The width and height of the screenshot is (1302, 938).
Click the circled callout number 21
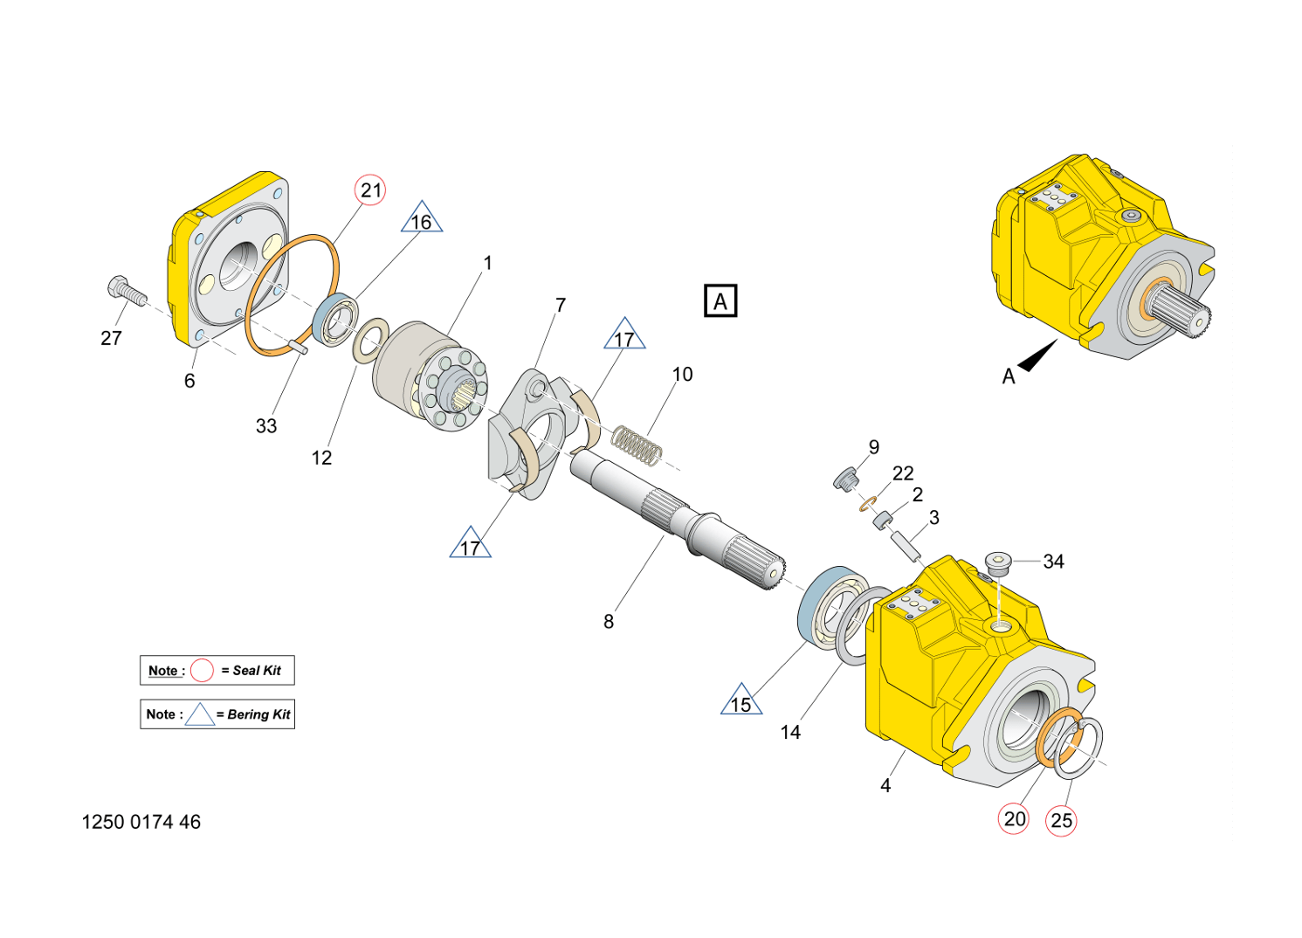(x=370, y=190)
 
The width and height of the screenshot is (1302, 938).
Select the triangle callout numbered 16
(x=422, y=220)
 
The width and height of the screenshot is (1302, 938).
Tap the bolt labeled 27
(x=125, y=290)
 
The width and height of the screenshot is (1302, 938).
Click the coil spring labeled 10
(x=636, y=445)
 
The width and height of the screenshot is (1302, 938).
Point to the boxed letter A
(x=720, y=301)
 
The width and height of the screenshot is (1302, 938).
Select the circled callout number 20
(x=1014, y=819)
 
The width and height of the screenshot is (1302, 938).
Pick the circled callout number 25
(x=1061, y=821)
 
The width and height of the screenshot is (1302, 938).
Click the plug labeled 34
(x=998, y=562)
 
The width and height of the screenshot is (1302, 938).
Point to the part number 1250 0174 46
(x=141, y=822)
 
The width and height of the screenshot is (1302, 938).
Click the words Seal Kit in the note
(x=257, y=671)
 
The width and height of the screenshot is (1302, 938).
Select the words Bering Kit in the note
(x=258, y=714)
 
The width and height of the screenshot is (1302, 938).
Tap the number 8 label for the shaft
(x=609, y=622)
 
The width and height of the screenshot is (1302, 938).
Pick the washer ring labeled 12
(x=371, y=339)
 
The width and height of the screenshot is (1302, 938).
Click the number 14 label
(x=790, y=732)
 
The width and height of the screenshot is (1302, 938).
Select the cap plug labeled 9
(x=844, y=479)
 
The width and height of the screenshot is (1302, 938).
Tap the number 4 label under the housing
(x=885, y=785)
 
